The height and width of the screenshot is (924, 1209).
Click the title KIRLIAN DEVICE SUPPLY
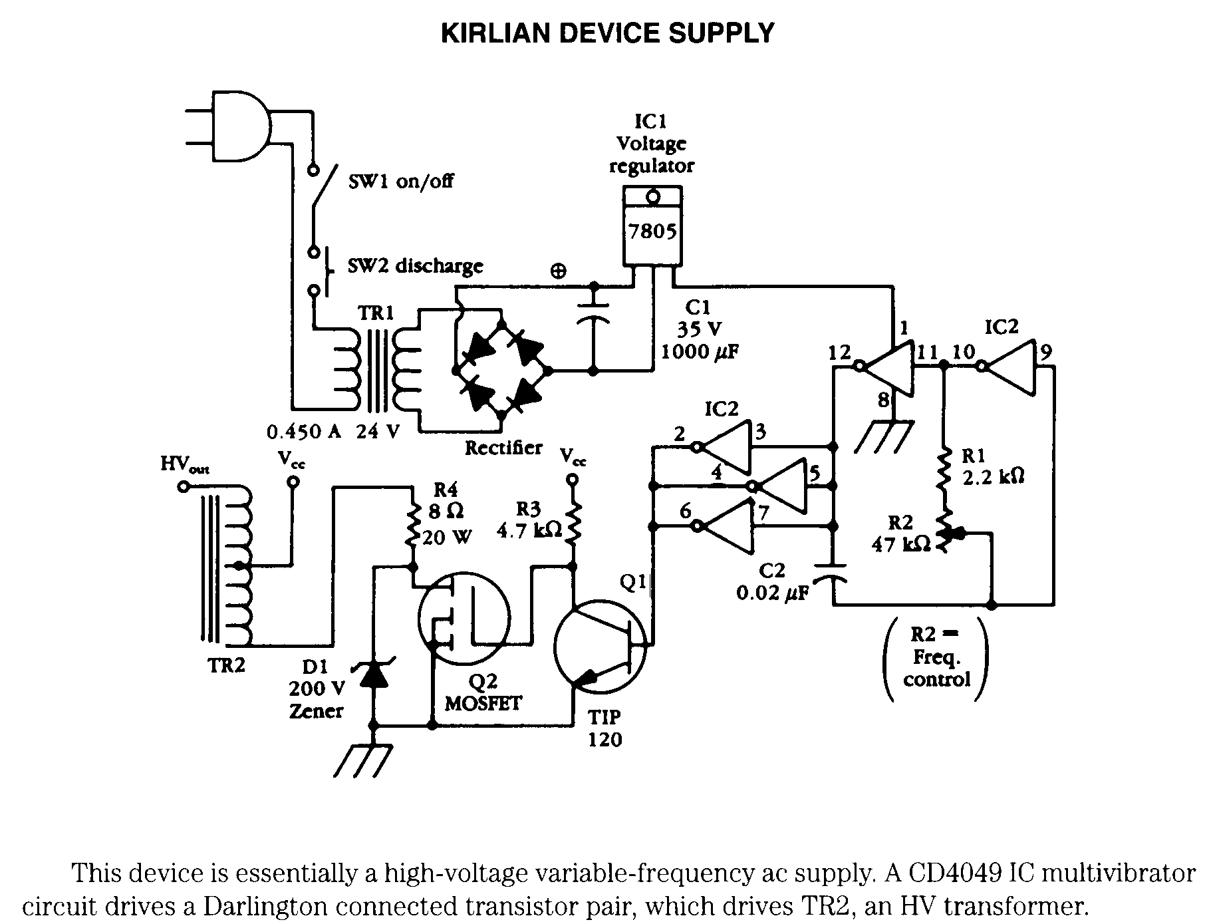(608, 33)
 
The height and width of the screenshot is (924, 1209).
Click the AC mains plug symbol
(229, 126)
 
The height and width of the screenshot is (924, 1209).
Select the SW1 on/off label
(401, 181)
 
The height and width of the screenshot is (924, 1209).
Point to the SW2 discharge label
(415, 266)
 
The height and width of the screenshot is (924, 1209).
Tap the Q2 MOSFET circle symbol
(464, 618)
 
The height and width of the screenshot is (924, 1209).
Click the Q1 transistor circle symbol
(600, 643)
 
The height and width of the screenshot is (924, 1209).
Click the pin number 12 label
(840, 353)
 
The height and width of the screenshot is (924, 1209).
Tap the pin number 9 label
(1046, 353)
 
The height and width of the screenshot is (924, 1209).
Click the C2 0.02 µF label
(772, 581)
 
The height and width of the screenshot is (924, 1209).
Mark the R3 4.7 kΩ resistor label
(529, 519)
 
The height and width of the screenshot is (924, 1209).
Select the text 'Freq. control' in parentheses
(936, 669)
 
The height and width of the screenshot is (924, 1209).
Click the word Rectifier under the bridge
(503, 448)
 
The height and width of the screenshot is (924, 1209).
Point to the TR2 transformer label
(226, 665)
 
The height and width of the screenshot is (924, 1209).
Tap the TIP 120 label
(605, 728)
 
